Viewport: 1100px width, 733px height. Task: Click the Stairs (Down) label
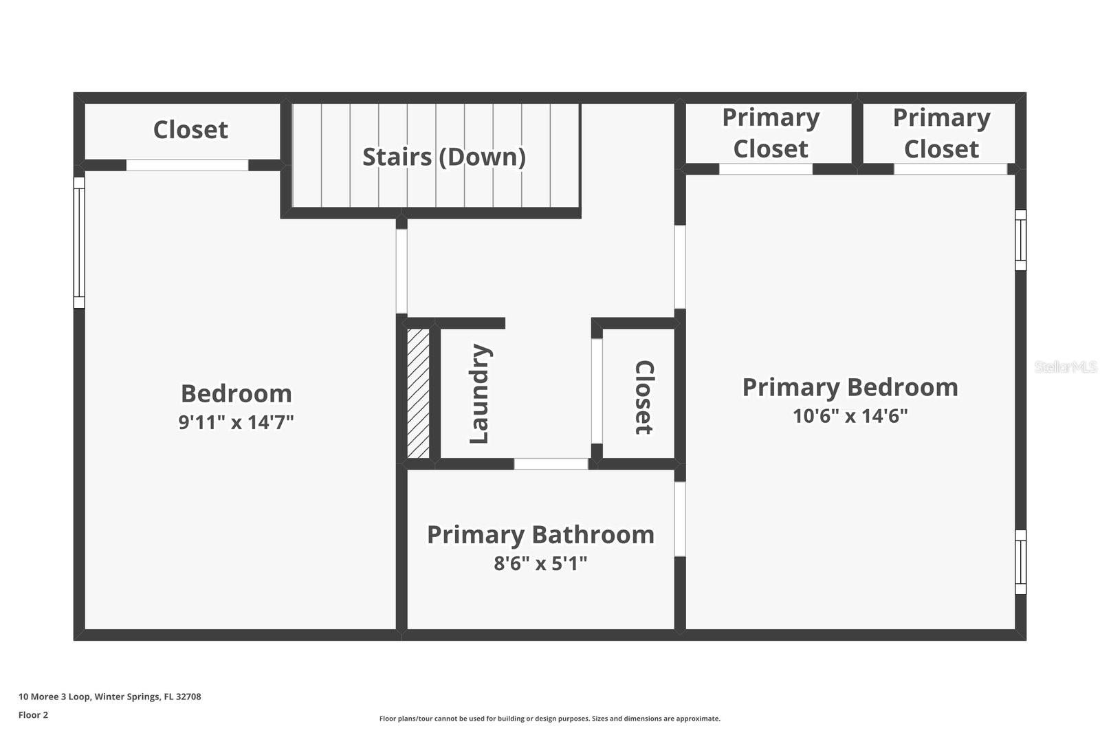coord(443,157)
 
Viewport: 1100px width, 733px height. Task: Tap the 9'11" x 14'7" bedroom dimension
coord(236,422)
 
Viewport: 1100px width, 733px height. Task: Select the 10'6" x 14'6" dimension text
coord(850,416)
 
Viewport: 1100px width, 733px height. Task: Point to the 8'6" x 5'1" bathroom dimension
coord(540,564)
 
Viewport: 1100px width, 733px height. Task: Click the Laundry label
coord(479,394)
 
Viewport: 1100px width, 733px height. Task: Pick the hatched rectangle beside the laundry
coord(418,393)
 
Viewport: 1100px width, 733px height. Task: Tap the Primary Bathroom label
coord(540,535)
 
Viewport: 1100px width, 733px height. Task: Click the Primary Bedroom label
coord(850,387)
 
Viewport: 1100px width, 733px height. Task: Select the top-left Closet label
coord(190,130)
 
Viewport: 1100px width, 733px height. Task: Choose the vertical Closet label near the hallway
coord(643,397)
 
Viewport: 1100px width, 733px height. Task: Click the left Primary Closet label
coord(770,133)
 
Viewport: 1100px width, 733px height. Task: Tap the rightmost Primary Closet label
coord(941,133)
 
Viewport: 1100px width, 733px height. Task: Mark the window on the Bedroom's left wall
coord(79,243)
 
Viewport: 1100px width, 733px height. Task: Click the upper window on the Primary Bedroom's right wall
coord(1021,240)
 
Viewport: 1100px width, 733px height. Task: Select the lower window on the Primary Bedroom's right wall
coord(1021,562)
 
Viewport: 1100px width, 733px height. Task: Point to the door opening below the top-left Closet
coord(187,165)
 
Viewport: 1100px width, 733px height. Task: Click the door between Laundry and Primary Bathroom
coord(551,464)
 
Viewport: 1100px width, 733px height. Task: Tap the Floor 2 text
coord(33,715)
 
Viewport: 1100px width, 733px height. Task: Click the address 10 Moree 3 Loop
coord(110,697)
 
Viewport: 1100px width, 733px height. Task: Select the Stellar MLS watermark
coord(1065,367)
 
